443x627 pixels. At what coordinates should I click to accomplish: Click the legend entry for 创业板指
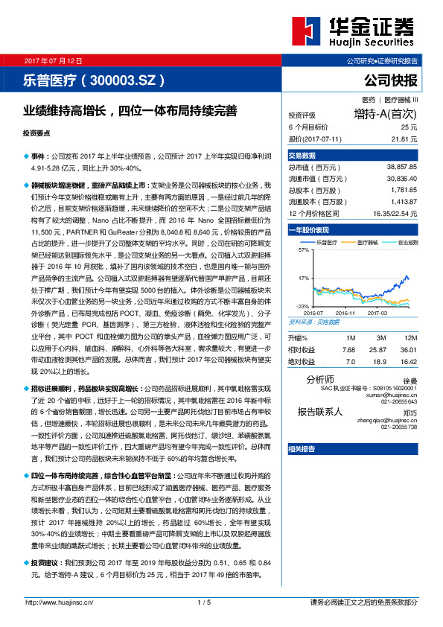tap(409, 242)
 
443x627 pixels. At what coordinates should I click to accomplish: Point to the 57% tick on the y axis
tap(302, 250)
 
